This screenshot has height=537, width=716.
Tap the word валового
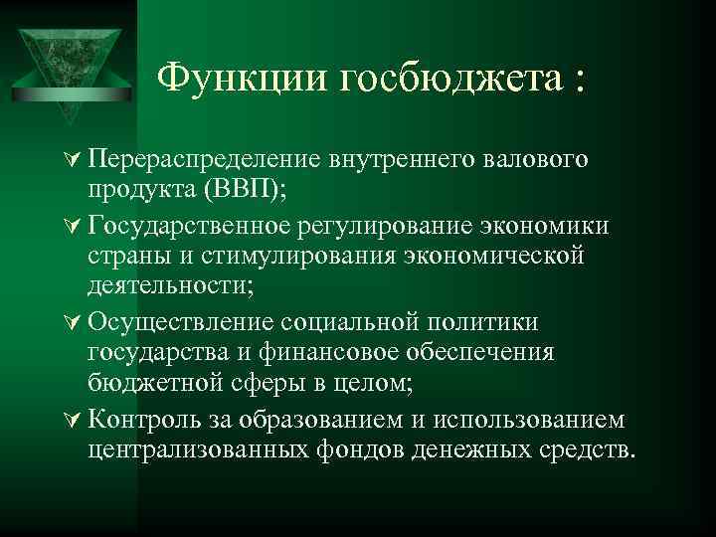coord(538,159)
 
